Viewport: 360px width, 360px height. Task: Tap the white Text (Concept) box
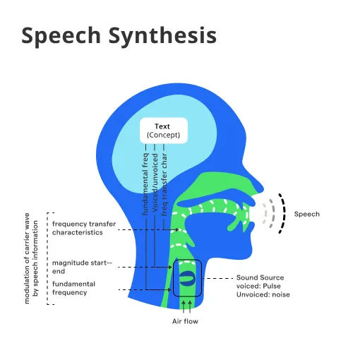point(163,131)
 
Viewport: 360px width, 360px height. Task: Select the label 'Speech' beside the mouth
point(306,214)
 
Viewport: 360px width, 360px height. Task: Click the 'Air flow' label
point(186,321)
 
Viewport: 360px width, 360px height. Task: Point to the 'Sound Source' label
point(257,277)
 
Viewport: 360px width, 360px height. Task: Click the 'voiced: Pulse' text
point(258,286)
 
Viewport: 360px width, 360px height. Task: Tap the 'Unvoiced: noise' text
point(263,295)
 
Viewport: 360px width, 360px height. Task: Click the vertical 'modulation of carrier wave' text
point(28,258)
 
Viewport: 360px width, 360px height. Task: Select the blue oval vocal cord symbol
point(188,277)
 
